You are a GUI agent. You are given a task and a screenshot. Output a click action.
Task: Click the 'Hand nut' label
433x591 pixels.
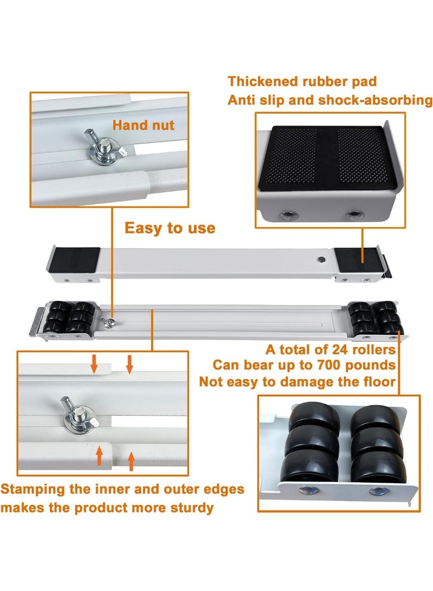pyautogui.click(x=143, y=125)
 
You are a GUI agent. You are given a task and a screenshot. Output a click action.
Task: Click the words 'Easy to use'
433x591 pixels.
pyautogui.click(x=169, y=228)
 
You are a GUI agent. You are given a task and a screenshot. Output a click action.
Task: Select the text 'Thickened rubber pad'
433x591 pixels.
pyautogui.click(x=302, y=82)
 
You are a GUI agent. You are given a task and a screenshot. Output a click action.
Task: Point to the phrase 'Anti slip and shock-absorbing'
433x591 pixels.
pyautogui.click(x=330, y=100)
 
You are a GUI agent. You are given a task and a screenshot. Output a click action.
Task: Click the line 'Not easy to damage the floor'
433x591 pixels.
pyautogui.click(x=298, y=381)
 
